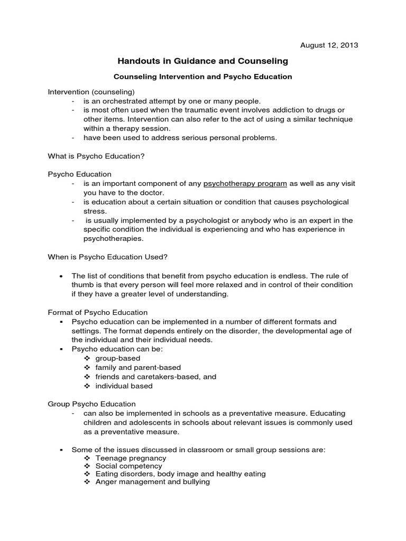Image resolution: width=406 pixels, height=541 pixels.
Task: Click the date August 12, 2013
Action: [x=328, y=45]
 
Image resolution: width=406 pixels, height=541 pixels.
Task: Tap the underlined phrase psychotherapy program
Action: [x=245, y=183]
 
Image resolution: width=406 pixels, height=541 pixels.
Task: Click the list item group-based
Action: [x=118, y=358]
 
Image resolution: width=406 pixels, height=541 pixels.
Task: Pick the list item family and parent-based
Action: [x=138, y=367]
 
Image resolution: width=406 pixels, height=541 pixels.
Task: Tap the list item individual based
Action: [x=124, y=386]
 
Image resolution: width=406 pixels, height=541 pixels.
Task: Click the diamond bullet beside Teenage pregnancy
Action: [x=87, y=458]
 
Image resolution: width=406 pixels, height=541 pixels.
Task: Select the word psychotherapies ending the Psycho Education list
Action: [x=109, y=238]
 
